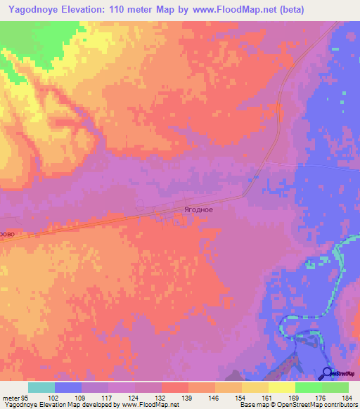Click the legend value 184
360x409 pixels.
coord(348,397)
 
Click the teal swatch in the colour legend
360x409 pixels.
coord(41,387)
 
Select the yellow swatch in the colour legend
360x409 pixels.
coord(281,387)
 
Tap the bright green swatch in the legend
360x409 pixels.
coord(308,387)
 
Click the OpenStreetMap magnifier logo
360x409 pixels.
coord(328,372)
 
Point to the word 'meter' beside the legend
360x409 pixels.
coord(10,397)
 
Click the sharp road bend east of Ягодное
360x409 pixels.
coord(245,196)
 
